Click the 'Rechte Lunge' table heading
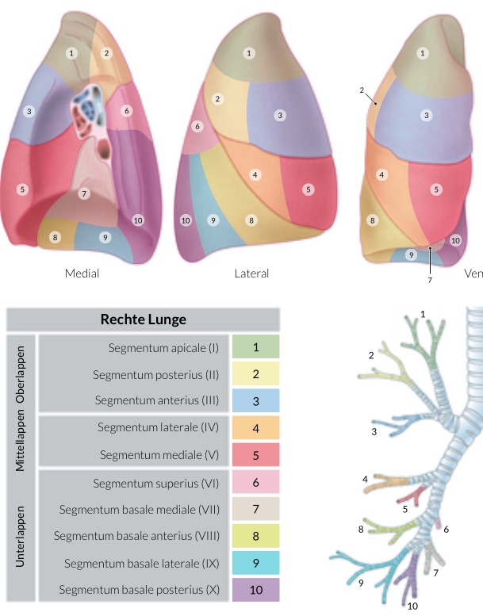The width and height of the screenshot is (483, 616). [144, 319]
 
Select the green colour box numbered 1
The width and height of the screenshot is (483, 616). [256, 347]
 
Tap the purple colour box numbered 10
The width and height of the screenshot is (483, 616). [256, 590]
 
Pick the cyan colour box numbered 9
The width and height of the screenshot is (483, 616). [256, 563]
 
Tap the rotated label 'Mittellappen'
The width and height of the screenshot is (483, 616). [21, 440]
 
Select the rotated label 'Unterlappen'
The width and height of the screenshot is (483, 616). [21, 536]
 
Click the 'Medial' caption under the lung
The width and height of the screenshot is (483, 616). [82, 274]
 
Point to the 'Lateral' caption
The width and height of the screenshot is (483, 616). [251, 274]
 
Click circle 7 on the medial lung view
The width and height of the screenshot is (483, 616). [85, 193]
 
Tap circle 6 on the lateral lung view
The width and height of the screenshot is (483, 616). [197, 127]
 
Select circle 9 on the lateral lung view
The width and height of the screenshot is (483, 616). [212, 220]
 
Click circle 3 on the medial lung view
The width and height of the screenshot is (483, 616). [29, 111]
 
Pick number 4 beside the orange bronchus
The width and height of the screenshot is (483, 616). [365, 480]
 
